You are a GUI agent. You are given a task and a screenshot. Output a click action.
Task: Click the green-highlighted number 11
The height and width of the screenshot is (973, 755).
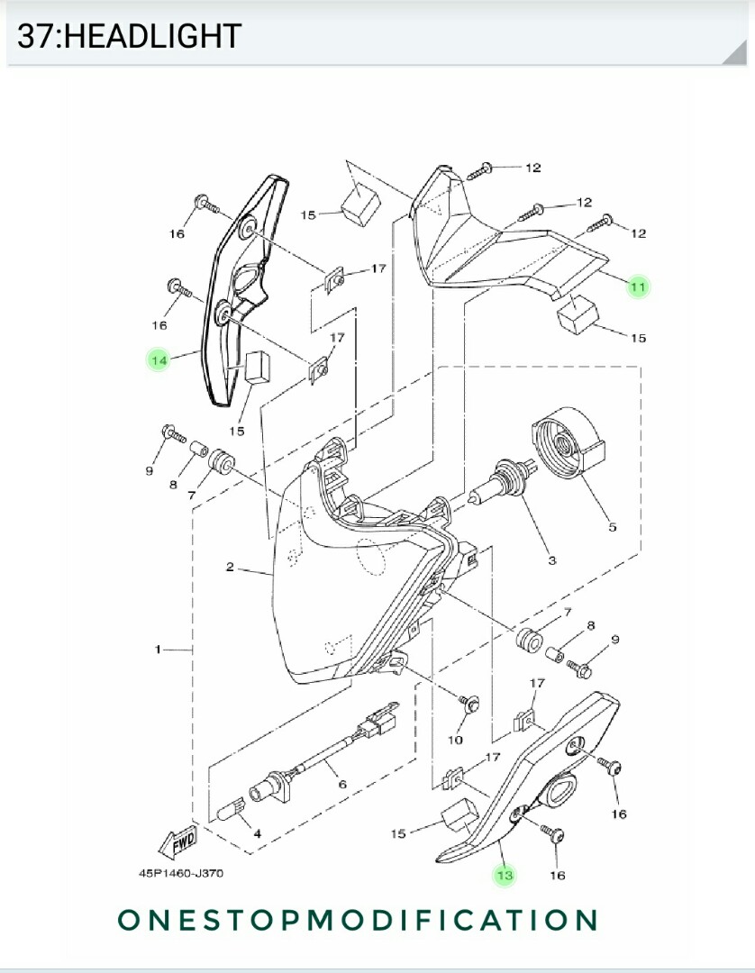638,287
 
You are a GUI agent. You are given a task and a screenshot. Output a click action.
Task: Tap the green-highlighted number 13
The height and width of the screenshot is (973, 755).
505,875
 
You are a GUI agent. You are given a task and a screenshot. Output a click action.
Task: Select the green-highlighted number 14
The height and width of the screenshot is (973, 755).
159,360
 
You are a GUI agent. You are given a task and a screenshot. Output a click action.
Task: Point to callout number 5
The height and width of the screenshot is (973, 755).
612,527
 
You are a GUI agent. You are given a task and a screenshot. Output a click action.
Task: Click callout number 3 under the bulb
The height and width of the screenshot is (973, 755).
551,560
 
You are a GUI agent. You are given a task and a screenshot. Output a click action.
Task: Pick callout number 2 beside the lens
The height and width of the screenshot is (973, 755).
231,567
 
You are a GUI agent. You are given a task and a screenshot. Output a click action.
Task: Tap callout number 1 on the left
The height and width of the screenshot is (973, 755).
158,649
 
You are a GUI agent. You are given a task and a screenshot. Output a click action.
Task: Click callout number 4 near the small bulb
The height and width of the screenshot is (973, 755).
257,833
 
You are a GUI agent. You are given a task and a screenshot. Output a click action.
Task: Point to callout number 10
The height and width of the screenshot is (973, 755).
455,740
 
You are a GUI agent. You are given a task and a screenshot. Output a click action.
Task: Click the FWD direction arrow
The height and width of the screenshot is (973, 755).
177,841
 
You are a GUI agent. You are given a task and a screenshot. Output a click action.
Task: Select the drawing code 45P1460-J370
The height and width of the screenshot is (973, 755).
181,873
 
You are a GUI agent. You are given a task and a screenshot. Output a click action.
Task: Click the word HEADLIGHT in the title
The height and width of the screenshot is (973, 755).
153,36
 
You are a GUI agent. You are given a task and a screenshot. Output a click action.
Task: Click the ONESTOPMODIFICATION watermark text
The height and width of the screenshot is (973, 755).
358,920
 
